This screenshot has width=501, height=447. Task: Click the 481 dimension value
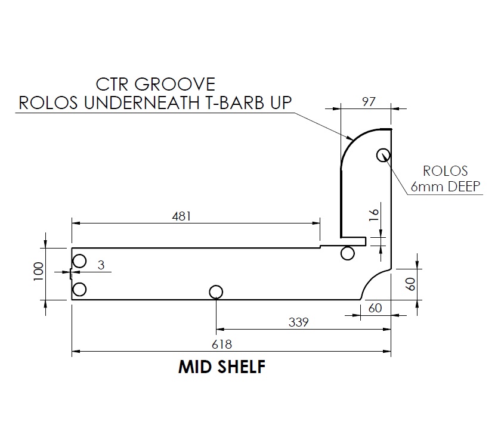click(181, 216)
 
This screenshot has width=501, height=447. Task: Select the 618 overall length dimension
click(222, 344)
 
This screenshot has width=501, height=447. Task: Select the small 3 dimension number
click(101, 266)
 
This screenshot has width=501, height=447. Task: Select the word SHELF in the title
click(242, 367)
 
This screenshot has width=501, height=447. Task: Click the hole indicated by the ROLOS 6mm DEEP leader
click(383, 155)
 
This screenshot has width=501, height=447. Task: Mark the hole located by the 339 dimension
click(216, 291)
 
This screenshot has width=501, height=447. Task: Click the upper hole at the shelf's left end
click(79, 261)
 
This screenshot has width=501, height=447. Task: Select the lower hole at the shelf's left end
click(79, 290)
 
